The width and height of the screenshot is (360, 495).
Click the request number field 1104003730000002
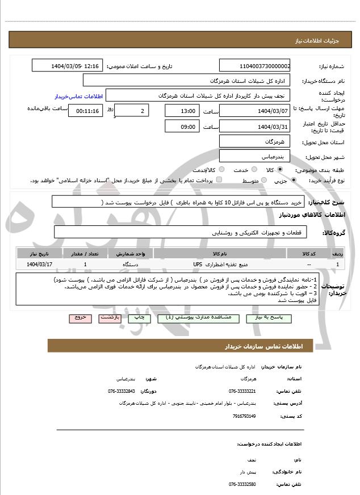click(255, 66)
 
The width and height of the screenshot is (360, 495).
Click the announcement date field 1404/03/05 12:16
click(67, 66)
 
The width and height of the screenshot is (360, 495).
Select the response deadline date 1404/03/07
click(255, 111)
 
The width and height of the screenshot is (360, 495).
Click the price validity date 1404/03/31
click(255, 126)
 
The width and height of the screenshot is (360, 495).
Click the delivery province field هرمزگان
click(255, 141)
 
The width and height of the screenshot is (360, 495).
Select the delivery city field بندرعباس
click(255, 156)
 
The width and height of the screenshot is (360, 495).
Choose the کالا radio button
click(280, 170)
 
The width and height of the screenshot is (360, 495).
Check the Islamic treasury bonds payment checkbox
click(219, 180)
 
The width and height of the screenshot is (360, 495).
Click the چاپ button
click(139, 318)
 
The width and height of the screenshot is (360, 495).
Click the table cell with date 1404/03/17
click(39, 265)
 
